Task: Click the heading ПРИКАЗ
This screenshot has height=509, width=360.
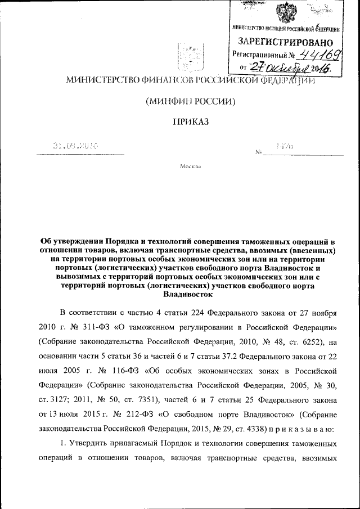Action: [x=190, y=121]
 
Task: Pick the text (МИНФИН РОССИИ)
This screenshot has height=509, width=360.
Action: [x=190, y=101]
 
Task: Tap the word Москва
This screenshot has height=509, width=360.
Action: [x=190, y=167]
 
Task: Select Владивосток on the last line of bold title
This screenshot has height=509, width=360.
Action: [x=187, y=294]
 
